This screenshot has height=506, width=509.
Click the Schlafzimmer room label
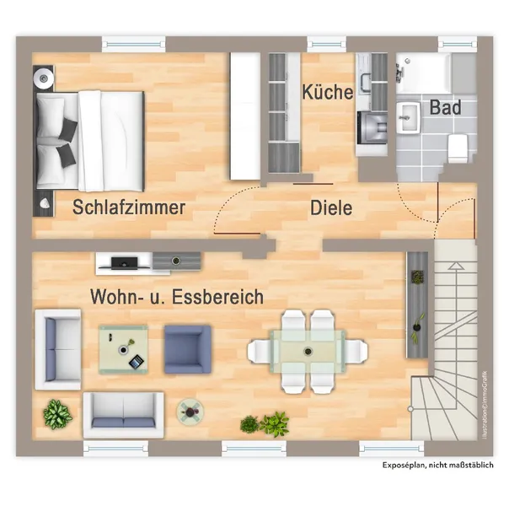[129, 207]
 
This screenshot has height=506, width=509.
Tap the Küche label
[328, 92]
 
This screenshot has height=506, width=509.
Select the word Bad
[445, 108]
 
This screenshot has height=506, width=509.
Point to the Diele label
[331, 207]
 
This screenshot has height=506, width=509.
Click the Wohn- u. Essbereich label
[177, 297]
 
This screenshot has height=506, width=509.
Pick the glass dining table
[308, 349]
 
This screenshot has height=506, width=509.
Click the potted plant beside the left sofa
[56, 413]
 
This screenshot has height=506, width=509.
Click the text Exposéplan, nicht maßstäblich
[438, 466]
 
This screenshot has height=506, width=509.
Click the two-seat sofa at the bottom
[124, 411]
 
